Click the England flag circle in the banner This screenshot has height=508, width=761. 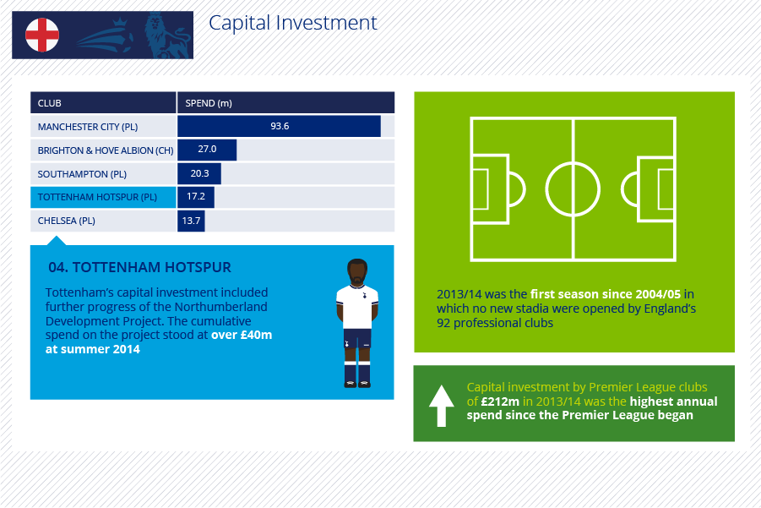point(42,35)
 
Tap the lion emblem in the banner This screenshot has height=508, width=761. point(166,36)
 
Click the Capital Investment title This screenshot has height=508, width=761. point(292,23)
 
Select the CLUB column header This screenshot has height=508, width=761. point(50,103)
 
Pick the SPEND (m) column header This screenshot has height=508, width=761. point(209,103)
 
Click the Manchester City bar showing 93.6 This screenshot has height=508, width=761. point(279,126)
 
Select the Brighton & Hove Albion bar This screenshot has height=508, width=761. point(207,150)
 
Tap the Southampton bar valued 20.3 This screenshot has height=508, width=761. point(199,173)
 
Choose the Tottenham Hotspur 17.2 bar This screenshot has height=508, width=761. point(196,197)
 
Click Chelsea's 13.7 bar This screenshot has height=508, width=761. point(191,221)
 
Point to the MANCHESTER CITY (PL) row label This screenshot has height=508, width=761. point(88,127)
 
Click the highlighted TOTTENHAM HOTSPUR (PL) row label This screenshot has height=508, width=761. point(97,197)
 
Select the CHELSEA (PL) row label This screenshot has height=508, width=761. point(67,221)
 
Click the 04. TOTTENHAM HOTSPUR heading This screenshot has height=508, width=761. point(139,267)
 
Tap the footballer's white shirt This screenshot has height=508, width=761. point(357,306)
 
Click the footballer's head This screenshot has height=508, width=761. point(357,272)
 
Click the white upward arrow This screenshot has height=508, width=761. point(441,406)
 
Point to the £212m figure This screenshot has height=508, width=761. point(500,401)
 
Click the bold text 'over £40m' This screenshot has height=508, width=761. point(242,335)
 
